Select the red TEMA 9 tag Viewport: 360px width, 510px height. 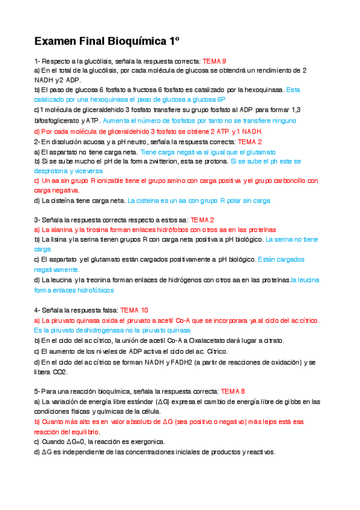215,61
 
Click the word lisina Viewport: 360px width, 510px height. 58,239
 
